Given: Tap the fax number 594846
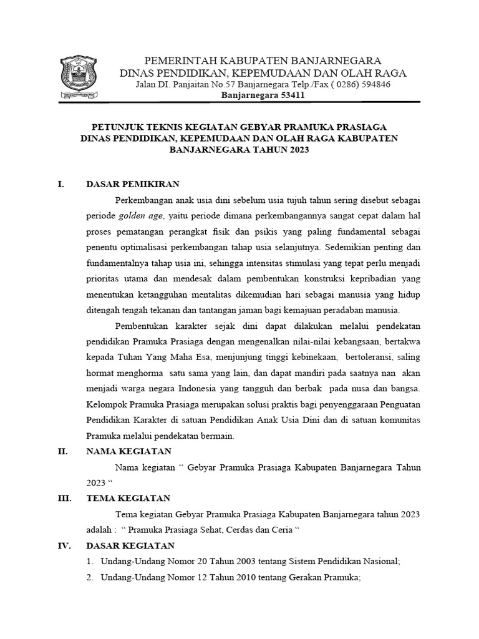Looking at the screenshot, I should tap(374, 84).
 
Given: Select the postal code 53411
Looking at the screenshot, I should tap(289, 95).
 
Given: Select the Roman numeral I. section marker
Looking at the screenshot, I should tap(60, 184).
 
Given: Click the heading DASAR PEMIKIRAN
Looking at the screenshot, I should tap(133, 184).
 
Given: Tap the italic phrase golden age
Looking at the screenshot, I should tap(142, 215).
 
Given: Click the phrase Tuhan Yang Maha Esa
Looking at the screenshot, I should tap(155, 356).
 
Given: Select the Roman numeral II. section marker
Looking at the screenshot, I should tap(62, 451).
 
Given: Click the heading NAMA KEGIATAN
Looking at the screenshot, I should tap(128, 451).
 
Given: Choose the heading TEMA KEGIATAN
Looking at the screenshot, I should tap(128, 498).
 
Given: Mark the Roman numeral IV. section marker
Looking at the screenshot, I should tap(64, 545).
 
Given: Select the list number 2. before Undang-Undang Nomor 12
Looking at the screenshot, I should tap(90, 577).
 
